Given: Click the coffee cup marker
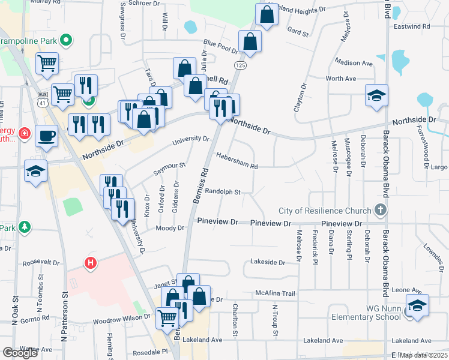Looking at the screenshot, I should click(47, 136).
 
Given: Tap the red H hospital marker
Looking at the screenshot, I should click(91, 263).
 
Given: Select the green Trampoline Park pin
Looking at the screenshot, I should click(67, 41).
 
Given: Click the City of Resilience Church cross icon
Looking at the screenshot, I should click(379, 211).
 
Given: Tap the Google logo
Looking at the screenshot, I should click(20, 353).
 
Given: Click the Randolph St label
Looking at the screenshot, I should click(222, 192).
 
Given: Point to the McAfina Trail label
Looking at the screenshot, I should click(276, 293).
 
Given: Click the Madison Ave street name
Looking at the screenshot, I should click(354, 63).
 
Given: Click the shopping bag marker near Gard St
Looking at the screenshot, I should click(265, 15).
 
